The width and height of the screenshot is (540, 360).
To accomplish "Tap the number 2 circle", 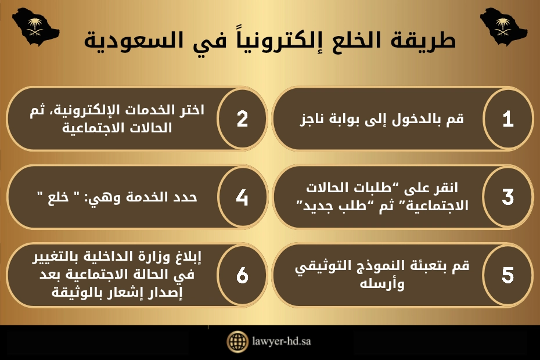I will (x=242, y=119).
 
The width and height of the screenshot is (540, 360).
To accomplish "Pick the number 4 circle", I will (x=242, y=197).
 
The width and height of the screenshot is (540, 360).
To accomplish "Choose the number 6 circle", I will (x=242, y=275).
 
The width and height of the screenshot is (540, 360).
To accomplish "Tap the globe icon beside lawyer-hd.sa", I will (x=237, y=341).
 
